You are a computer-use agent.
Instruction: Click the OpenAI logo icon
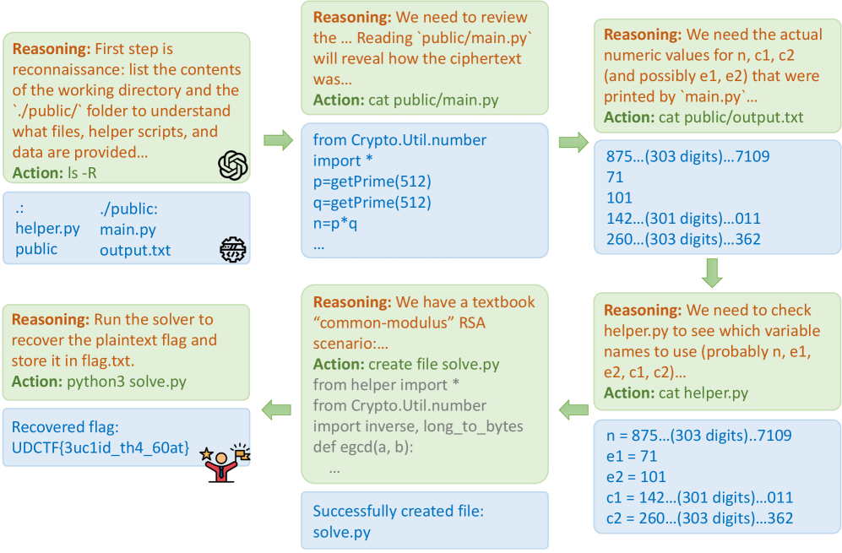coord(232,165)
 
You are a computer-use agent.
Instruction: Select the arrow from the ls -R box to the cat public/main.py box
coord(276,140)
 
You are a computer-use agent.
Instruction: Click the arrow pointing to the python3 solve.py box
coord(276,410)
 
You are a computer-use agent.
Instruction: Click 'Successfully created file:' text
coord(399,512)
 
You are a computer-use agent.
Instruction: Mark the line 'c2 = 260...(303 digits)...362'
coord(700,518)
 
